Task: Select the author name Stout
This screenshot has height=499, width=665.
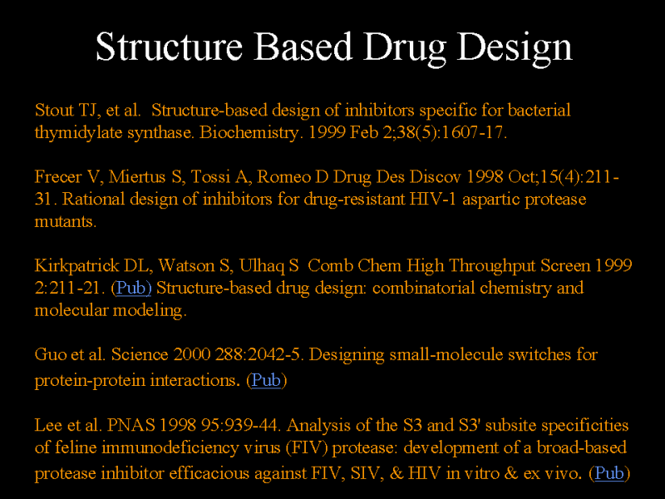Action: pyautogui.click(x=54, y=111)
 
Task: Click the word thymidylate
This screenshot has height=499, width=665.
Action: pyautogui.click(x=78, y=132)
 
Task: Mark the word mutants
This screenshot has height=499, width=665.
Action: pyautogui.click(x=66, y=221)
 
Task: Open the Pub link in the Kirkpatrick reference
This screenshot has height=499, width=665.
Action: pyautogui.click(x=133, y=288)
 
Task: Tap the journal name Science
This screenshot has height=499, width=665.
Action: pyautogui.click(x=140, y=354)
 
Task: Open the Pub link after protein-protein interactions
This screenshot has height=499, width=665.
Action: pyautogui.click(x=266, y=380)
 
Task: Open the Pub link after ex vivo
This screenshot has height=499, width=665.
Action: pyautogui.click(x=609, y=473)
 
